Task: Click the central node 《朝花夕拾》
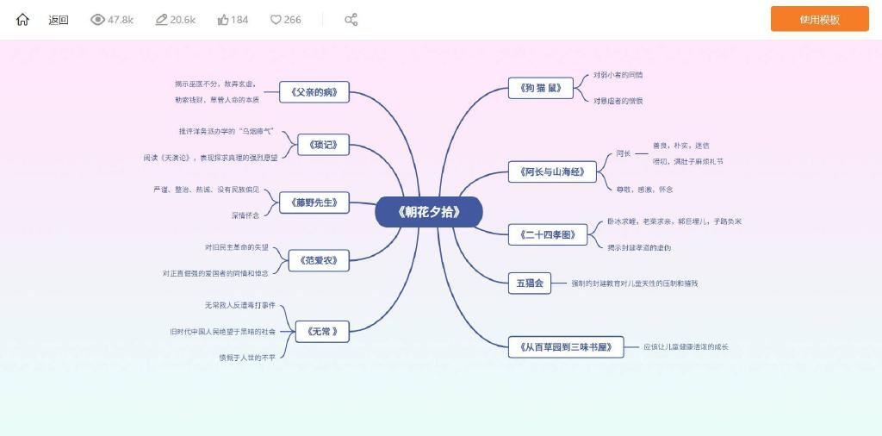(429, 212)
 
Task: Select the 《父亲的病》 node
(314, 91)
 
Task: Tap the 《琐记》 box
(323, 145)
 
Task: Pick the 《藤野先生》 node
(314, 203)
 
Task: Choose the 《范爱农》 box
(318, 259)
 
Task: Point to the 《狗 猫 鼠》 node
(541, 88)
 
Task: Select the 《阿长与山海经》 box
(552, 172)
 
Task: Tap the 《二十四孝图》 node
(548, 234)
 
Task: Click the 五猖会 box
(529, 283)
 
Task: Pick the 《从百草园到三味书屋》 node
(566, 347)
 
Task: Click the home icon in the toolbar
(22, 20)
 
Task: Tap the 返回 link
(59, 20)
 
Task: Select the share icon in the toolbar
(351, 20)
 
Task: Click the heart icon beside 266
(276, 20)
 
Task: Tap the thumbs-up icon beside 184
(223, 20)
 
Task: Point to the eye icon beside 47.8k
(97, 20)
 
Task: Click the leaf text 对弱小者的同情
(618, 75)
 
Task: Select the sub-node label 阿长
(624, 153)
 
